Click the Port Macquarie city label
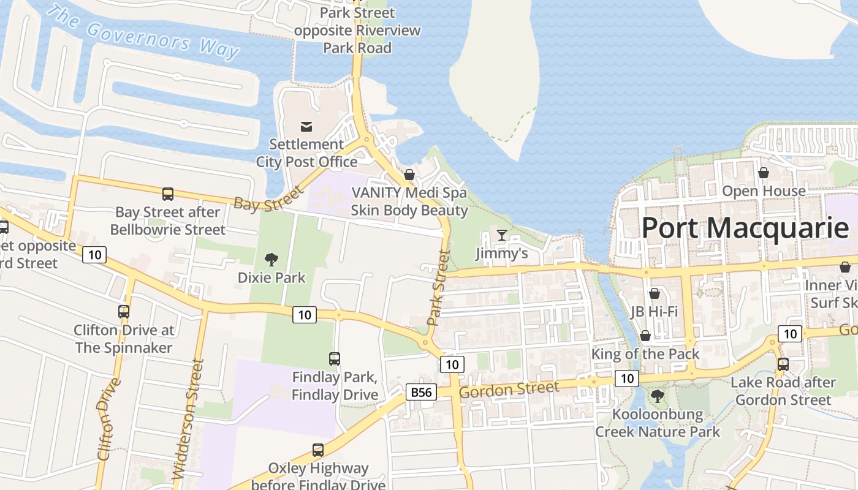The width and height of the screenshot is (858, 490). click(745, 228)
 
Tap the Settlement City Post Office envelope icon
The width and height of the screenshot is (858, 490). click(306, 127)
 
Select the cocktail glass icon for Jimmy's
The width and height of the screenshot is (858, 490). click(502, 235)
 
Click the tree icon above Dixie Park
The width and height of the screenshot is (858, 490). click(271, 260)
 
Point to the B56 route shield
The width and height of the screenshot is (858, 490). click(422, 392)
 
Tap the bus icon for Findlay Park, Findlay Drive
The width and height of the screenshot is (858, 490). click(335, 359)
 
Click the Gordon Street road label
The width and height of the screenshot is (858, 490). click(509, 389)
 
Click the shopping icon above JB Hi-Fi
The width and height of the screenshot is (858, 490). click(655, 293)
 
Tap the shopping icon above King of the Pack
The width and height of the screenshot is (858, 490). click(645, 336)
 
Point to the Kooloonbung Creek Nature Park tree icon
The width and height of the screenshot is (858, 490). click(658, 396)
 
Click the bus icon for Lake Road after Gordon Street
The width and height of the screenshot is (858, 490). click(783, 364)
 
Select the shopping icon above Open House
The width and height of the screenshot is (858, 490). click(764, 173)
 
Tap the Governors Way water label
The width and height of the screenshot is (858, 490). click(142, 32)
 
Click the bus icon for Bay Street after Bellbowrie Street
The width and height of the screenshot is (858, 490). click(168, 194)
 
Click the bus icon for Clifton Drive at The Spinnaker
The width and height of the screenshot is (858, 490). click(124, 312)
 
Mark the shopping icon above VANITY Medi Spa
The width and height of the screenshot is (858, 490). click(409, 175)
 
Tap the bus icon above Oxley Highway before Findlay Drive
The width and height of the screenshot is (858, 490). click(318, 450)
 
